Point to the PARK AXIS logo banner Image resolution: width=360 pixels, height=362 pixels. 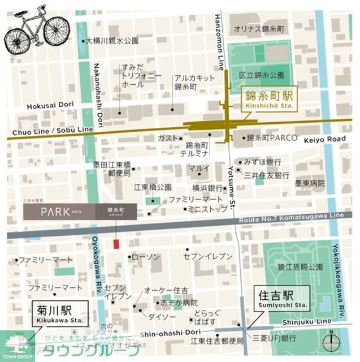click(80, 212)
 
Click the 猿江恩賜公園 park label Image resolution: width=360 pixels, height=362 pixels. click(300, 266)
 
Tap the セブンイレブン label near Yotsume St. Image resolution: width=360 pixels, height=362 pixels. click(207, 256)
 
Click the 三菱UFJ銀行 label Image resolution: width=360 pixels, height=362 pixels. click(275, 339)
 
